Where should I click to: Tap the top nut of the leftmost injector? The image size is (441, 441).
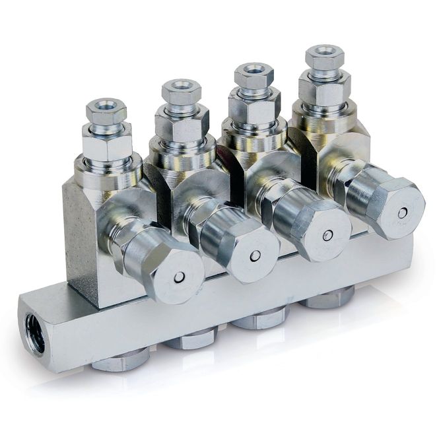pyautogui.click(x=106, y=111)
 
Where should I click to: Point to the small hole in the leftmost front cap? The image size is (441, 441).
pyautogui.click(x=178, y=278)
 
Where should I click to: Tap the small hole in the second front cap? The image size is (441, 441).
pyautogui.click(x=255, y=255)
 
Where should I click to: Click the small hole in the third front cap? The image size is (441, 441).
pyautogui.click(x=327, y=234)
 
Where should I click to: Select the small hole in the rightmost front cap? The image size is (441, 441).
pyautogui.click(x=401, y=213)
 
